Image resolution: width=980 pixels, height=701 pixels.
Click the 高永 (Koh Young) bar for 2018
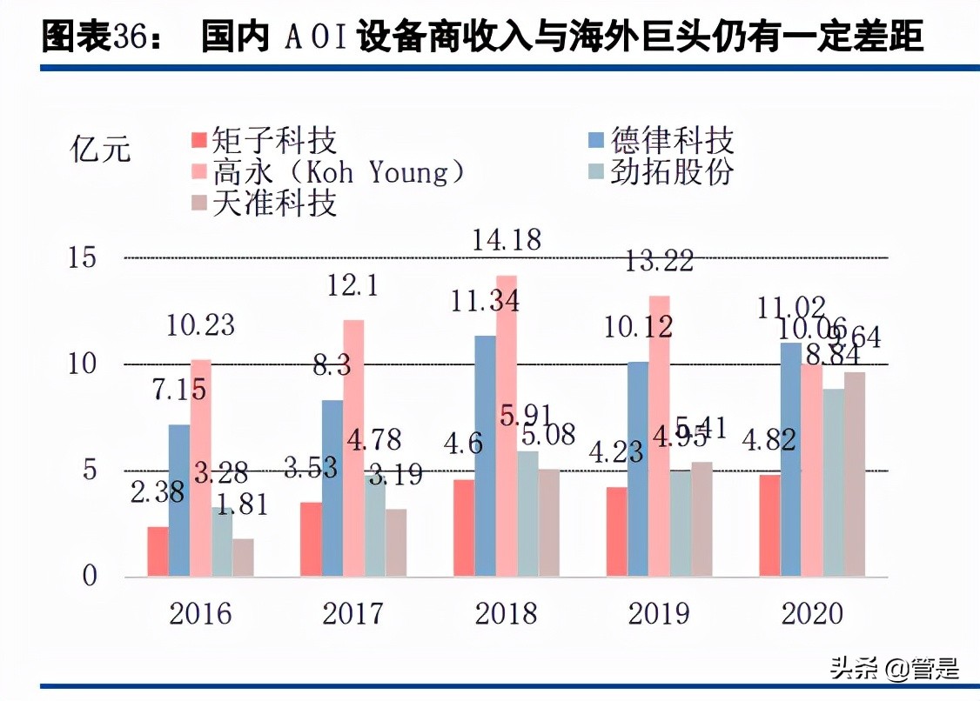click(507, 425)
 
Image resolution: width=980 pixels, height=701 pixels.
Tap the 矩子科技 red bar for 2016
click(158, 551)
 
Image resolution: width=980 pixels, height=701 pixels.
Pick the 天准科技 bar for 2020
click(855, 474)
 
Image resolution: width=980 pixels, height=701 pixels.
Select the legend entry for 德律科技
click(661, 141)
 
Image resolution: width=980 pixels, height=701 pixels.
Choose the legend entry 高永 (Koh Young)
click(327, 171)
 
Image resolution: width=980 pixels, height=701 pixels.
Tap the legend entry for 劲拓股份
click(661, 171)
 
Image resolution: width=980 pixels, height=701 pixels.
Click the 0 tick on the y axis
click(91, 577)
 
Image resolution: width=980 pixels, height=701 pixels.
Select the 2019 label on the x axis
click(659, 613)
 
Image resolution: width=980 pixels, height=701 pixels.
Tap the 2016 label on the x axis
click(200, 613)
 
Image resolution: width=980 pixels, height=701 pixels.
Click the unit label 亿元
click(100, 150)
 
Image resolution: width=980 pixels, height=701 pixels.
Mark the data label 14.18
click(507, 239)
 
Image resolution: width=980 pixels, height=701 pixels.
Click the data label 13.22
click(659, 259)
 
